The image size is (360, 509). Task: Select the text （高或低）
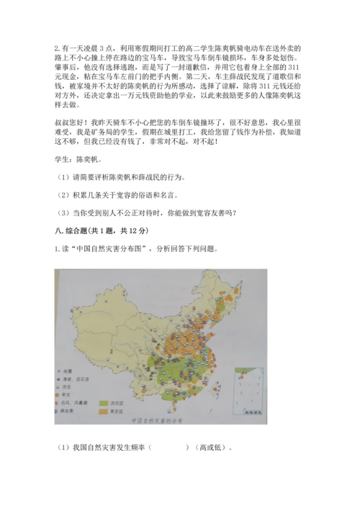click(x=210, y=447)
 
